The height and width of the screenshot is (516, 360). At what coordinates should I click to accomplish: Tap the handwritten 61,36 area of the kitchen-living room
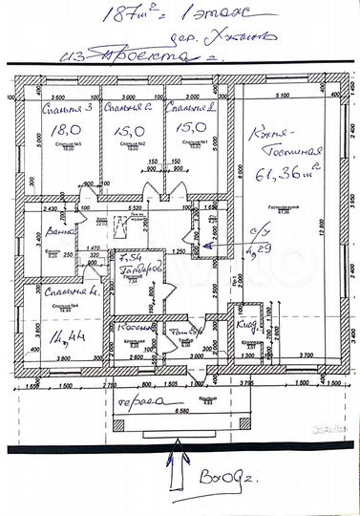point(274,173)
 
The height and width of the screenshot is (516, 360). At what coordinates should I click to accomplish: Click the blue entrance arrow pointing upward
point(174,471)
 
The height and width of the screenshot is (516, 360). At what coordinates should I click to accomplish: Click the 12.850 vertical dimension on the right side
point(350,229)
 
